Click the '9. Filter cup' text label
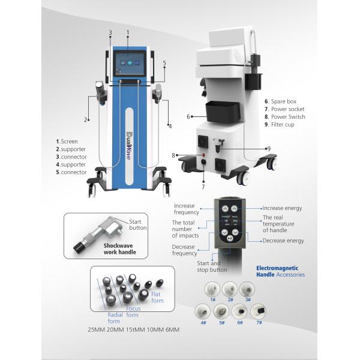(x=282, y=124)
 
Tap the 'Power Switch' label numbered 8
(x=284, y=116)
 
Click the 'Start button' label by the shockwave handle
(x=139, y=224)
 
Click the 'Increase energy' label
(x=282, y=208)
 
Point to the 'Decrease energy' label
(x=283, y=241)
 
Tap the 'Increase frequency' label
(x=186, y=209)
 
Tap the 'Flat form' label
(x=156, y=296)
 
